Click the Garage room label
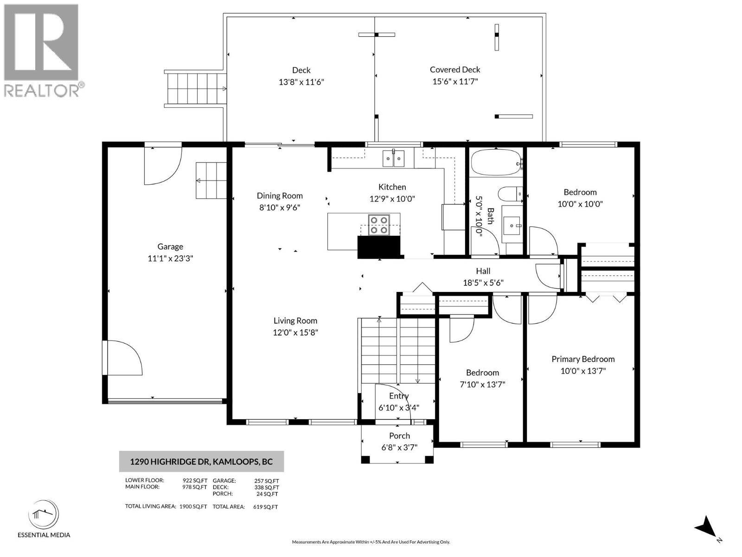[x=170, y=246]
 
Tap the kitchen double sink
[x=393, y=159]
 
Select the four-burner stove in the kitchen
[x=378, y=225]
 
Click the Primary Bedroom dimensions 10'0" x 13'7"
[x=583, y=370]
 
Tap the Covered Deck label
[x=454, y=70]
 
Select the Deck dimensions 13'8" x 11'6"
[x=301, y=82]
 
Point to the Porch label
[x=399, y=435]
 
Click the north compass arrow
[x=707, y=527]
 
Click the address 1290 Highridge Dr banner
[x=201, y=461]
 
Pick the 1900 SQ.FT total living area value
[x=193, y=506]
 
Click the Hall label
[x=483, y=271]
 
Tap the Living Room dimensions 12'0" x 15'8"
[x=295, y=332]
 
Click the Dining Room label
[x=280, y=196]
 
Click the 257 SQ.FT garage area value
[x=267, y=481]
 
